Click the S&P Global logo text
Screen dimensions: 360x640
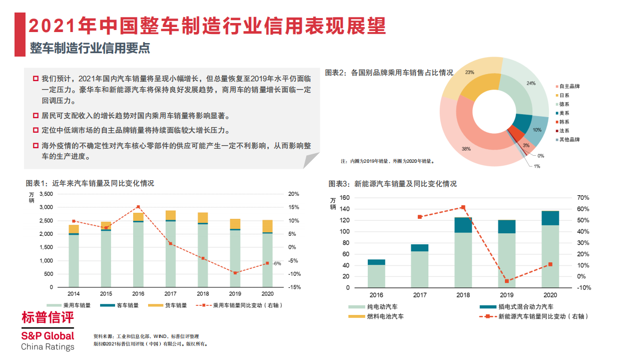(x=48, y=335)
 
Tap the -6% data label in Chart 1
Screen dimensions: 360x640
(x=277, y=263)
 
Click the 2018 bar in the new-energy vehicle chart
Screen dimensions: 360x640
(x=463, y=253)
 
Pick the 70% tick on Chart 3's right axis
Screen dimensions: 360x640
(x=583, y=198)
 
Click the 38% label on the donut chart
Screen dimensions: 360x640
(x=466, y=149)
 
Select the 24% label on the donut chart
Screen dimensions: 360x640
(x=531, y=83)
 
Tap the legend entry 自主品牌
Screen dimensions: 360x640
(x=569, y=86)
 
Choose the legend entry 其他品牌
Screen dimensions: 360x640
(x=569, y=140)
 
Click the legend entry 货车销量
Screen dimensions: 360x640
(x=176, y=305)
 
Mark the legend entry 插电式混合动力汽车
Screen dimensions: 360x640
(x=523, y=306)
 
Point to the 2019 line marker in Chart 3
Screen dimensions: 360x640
(x=506, y=281)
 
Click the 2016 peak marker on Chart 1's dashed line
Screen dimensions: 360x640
(x=138, y=207)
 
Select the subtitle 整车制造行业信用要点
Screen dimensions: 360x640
(x=90, y=48)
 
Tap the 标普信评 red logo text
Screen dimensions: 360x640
(x=48, y=317)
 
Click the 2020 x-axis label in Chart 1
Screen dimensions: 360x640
(x=267, y=293)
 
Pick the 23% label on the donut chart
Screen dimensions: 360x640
(x=469, y=72)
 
